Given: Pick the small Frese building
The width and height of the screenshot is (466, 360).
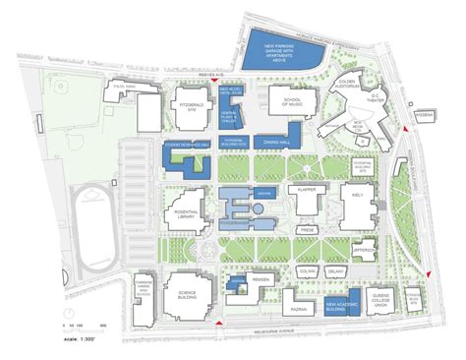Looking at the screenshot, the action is coord(306,234).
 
